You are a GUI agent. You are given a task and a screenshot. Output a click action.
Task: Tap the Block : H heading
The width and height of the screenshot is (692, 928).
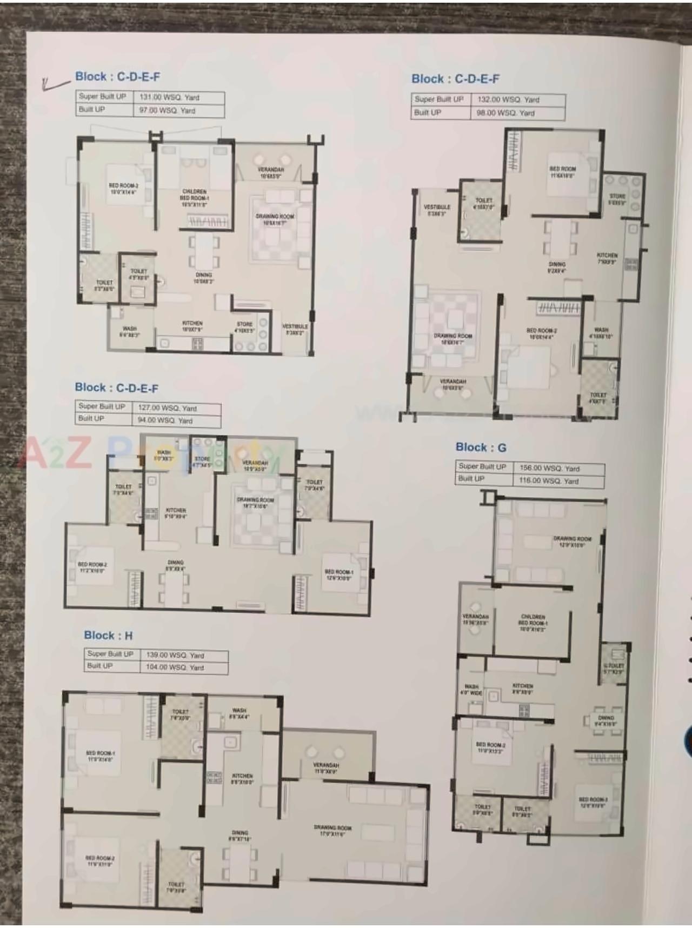[108, 636]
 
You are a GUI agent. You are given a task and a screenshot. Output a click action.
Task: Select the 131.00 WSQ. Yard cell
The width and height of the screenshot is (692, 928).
[169, 98]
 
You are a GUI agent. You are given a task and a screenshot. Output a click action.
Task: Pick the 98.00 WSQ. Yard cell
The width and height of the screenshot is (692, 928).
[505, 113]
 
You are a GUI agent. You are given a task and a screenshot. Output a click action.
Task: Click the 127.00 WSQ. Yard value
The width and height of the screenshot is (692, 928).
[167, 408]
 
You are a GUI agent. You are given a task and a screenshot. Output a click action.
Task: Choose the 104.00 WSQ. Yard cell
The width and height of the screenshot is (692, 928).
[175, 667]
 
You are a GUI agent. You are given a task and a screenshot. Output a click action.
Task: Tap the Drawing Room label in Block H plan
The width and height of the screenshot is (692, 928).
[332, 830]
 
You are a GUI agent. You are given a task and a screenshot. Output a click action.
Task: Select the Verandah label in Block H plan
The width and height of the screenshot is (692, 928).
[325, 768]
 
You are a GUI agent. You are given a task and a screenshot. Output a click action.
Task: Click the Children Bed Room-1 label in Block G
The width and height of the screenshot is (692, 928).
[533, 623]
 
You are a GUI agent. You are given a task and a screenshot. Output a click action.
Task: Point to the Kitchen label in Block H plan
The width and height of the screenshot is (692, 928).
[242, 778]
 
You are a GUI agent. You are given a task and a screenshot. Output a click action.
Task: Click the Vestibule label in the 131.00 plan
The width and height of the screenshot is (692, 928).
[295, 329]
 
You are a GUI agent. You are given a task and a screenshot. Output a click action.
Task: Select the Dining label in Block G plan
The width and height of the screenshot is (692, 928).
[605, 720]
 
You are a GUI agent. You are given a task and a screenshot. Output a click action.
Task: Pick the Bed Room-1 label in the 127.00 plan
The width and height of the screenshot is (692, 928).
[338, 574]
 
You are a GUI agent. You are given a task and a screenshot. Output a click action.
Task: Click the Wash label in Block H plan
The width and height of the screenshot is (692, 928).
[239, 713]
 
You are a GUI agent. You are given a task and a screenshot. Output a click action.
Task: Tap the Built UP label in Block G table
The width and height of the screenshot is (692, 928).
[471, 479]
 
